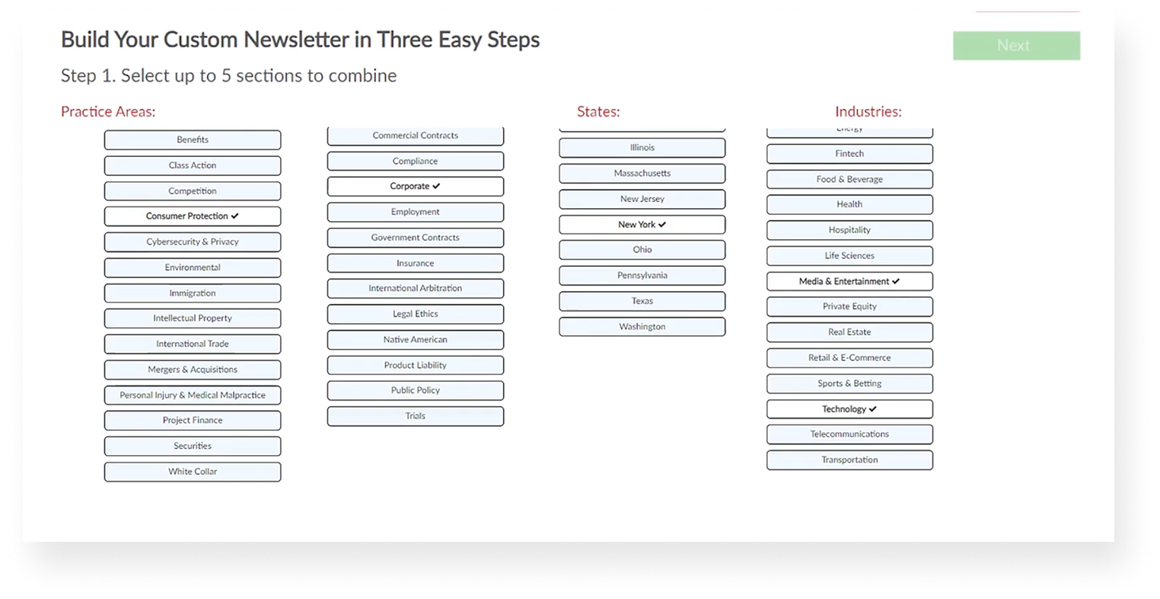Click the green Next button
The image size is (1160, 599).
point(1015,46)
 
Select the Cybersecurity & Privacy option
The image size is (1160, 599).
point(193,242)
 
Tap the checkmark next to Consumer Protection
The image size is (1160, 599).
point(235,216)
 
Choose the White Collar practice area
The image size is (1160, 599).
point(193,472)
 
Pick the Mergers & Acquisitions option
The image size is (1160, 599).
point(193,370)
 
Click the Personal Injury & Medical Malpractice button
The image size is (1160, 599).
point(193,396)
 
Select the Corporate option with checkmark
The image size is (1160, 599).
point(415,187)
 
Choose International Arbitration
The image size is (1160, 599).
point(415,289)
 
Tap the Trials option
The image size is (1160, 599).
point(415,416)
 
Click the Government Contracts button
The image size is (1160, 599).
point(415,238)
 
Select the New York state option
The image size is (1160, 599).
point(642,225)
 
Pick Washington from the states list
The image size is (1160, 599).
point(642,327)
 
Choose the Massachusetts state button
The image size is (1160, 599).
point(642,174)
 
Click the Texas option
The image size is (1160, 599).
point(642,301)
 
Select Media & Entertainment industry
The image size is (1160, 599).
point(849,281)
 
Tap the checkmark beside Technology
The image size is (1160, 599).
point(873,409)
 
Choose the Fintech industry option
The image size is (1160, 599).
point(849,154)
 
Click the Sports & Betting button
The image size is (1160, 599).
point(849,383)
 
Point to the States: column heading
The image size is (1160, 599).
point(598,112)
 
